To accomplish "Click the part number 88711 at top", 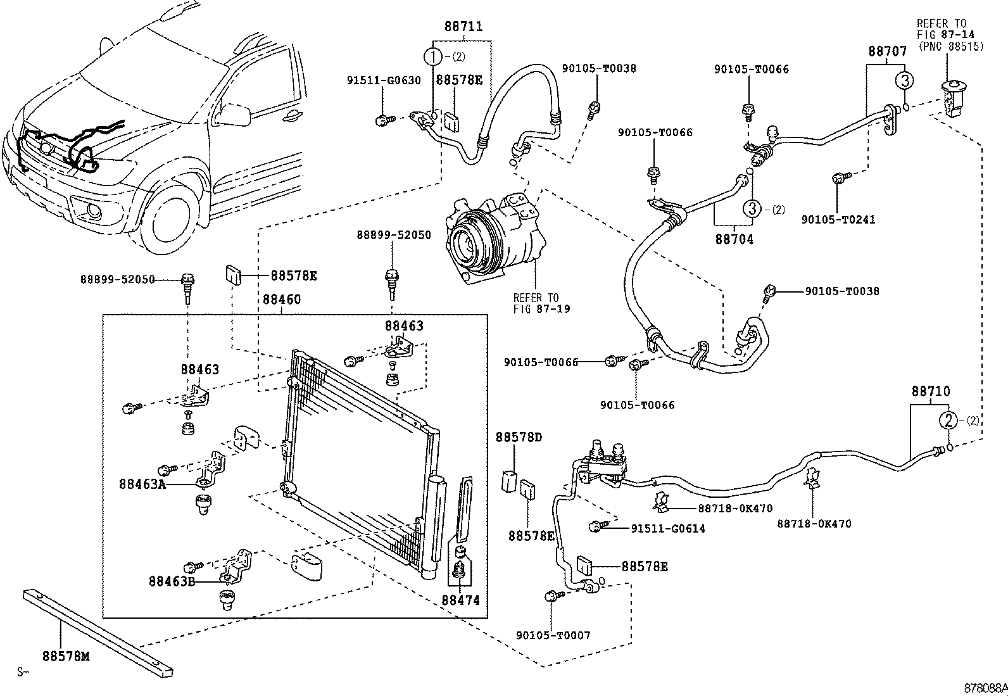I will coord(463,27).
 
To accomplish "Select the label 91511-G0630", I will coord(383,80).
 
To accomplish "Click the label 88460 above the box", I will coord(282,300).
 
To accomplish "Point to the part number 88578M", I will coord(66,656).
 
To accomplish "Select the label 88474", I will coord(461,600).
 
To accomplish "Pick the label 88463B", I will coord(173,581).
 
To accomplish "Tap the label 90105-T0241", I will coord(838,219).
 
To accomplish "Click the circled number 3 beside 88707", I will coord(905,80).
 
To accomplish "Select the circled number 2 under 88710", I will coord(948,420).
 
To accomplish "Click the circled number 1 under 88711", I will coord(434,56).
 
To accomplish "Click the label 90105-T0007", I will coord(553,635).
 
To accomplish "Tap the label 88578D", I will coord(519,437).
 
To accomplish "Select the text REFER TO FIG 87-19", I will coord(541,303).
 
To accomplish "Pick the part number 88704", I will coord(734,239).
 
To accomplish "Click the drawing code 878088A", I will coord(985,688).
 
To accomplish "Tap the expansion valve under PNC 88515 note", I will coord(950,98).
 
